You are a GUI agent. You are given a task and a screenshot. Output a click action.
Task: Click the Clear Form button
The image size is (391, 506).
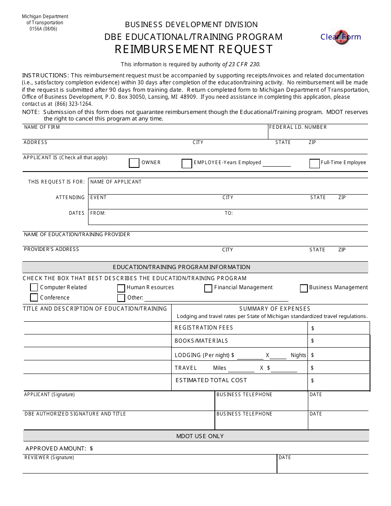point(340,37)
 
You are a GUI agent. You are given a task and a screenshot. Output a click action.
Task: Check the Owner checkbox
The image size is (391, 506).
point(134,163)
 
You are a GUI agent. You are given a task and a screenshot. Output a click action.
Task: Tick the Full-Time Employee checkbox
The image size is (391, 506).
point(314,163)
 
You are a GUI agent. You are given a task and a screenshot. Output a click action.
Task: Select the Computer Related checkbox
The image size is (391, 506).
point(34,287)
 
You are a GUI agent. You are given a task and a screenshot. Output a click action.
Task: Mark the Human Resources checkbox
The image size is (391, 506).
point(121,288)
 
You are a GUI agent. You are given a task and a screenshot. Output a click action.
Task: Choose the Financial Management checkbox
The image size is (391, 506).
point(208,288)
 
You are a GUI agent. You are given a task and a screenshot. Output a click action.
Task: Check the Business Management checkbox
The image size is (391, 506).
point(304,288)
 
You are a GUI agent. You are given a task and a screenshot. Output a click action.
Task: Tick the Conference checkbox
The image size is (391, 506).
point(34,297)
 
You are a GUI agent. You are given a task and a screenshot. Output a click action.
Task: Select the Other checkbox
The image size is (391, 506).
point(121,298)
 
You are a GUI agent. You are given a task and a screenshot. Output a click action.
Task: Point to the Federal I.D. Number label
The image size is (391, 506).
point(298,127)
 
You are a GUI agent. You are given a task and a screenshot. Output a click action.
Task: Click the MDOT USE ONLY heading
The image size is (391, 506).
point(200,436)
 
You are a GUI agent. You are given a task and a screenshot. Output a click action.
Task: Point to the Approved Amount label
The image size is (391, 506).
point(56,448)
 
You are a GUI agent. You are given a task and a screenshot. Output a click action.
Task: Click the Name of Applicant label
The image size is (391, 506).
point(116,182)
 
